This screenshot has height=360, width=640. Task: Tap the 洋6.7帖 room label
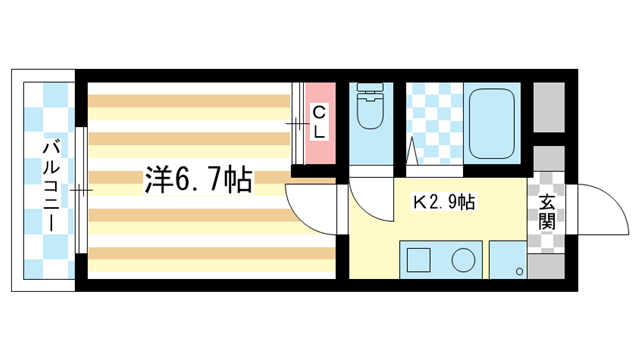(x=197, y=180)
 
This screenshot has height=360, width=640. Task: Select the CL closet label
(x=318, y=121)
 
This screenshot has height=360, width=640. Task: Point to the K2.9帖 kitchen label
(x=444, y=202)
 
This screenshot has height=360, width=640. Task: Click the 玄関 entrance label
(x=546, y=211)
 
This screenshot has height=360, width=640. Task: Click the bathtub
(x=494, y=123)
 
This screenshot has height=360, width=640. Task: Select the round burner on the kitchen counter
(x=463, y=260)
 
